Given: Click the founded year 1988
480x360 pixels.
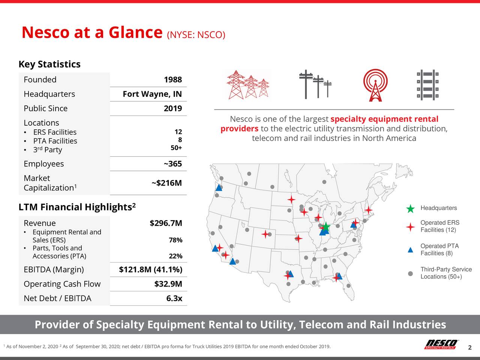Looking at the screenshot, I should pos(172,80).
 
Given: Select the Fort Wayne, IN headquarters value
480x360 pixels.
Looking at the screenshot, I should pos(152,94).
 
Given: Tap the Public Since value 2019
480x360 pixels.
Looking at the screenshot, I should pos(172,109).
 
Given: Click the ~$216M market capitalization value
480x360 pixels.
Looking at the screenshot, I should pos(166,183).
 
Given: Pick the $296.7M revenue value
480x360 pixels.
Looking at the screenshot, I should pos(166,223).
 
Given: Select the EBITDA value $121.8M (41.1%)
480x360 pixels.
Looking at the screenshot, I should pos(150,270).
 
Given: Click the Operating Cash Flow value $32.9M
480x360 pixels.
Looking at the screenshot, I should pos(168,284).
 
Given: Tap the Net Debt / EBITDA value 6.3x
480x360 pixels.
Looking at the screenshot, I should pos(174,298).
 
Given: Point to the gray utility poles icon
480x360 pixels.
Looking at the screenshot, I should pos(315,84).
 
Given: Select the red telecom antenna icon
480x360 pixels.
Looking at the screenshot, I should pos(375,85).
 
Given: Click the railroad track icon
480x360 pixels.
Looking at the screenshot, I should pos(427,85).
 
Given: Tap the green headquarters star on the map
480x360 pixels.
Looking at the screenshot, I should pos(326,226).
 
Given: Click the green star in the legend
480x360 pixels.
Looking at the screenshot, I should pos(411,209).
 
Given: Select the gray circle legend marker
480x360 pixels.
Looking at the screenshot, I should pos(411,273).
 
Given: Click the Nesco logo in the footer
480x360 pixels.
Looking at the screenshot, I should pos(441,344).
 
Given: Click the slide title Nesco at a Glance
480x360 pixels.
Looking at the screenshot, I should pos(92,33).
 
